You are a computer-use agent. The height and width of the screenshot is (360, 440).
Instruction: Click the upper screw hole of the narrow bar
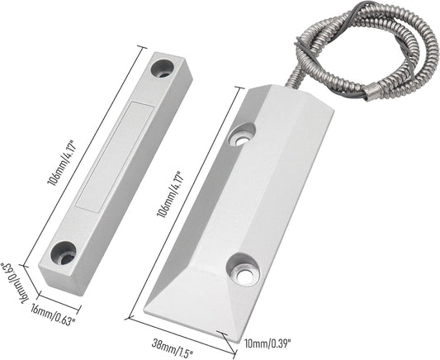[x=162, y=66]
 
